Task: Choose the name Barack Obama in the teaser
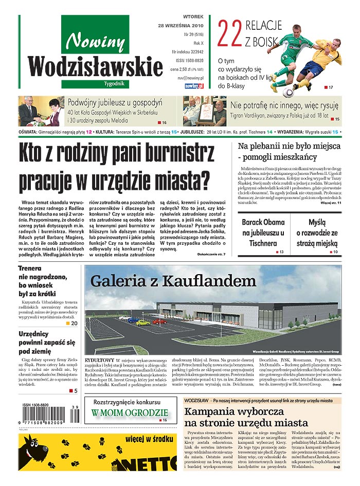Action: click(263, 222)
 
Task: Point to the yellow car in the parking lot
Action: click(143, 322)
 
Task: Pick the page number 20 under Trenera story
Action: click(74, 323)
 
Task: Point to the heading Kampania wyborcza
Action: click(234, 411)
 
